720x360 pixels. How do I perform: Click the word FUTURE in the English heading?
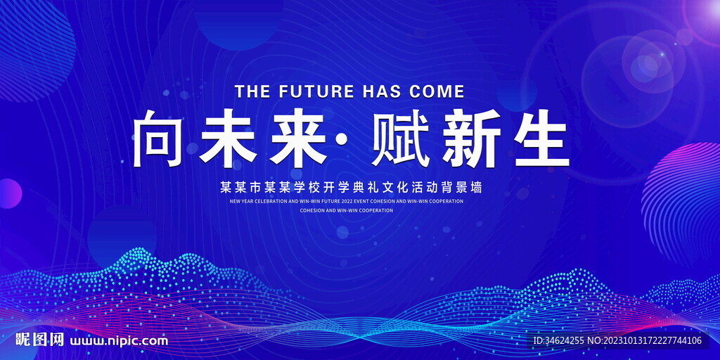pos(316,91)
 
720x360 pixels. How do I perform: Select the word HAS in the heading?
pos(382,91)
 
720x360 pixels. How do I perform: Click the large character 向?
pos(159,139)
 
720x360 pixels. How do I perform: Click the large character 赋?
pos(401,139)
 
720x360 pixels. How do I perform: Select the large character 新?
pos(472,139)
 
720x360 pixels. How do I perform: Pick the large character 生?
pos(542,139)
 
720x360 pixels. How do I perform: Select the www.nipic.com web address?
pos(118,341)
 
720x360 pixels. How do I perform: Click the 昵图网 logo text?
pos(39,340)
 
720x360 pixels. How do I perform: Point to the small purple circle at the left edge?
pos(10,194)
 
